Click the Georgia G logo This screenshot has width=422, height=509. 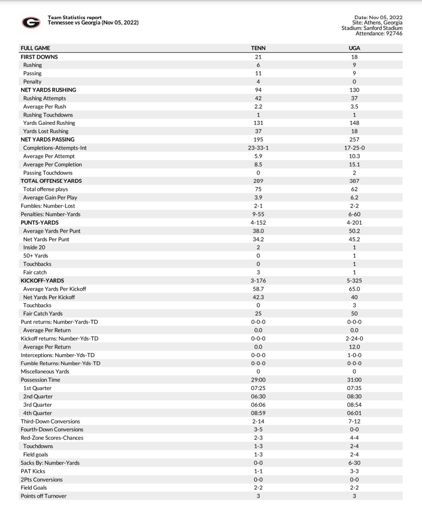(31, 22)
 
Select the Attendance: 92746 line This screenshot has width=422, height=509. (379, 34)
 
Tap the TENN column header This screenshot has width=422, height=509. (258, 48)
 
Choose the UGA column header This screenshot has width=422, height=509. (354, 48)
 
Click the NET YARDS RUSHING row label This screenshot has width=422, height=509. (48, 90)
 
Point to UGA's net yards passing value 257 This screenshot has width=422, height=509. (354, 140)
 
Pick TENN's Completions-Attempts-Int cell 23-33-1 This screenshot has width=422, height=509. (258, 148)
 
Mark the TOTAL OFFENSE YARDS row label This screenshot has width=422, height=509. (51, 181)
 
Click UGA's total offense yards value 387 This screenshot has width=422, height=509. (354, 181)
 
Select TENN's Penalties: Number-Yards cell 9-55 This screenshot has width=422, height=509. (258, 214)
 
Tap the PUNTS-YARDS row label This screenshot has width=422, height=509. (39, 223)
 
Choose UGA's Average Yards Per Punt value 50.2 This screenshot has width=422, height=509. (354, 231)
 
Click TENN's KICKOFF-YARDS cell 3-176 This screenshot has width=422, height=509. (258, 280)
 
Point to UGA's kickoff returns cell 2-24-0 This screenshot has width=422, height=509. (354, 338)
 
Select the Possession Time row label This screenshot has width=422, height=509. (40, 380)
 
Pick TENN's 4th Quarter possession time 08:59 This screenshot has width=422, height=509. (258, 413)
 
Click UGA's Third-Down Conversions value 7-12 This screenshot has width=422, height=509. (354, 421)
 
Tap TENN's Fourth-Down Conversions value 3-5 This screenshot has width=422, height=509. (258, 430)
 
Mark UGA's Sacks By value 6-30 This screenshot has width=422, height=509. (354, 463)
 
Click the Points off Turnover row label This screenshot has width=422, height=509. (44, 496)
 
